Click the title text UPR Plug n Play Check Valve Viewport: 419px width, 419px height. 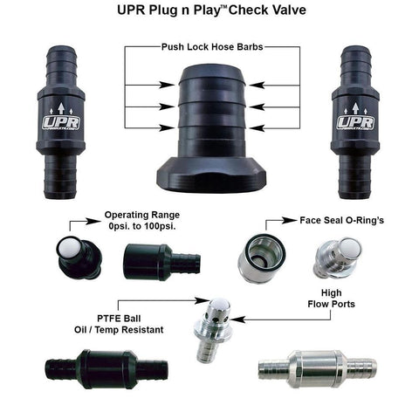[x=209, y=13]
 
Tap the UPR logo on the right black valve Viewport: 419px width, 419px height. [x=356, y=122]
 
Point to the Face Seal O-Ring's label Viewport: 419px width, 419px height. [x=337, y=223]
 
